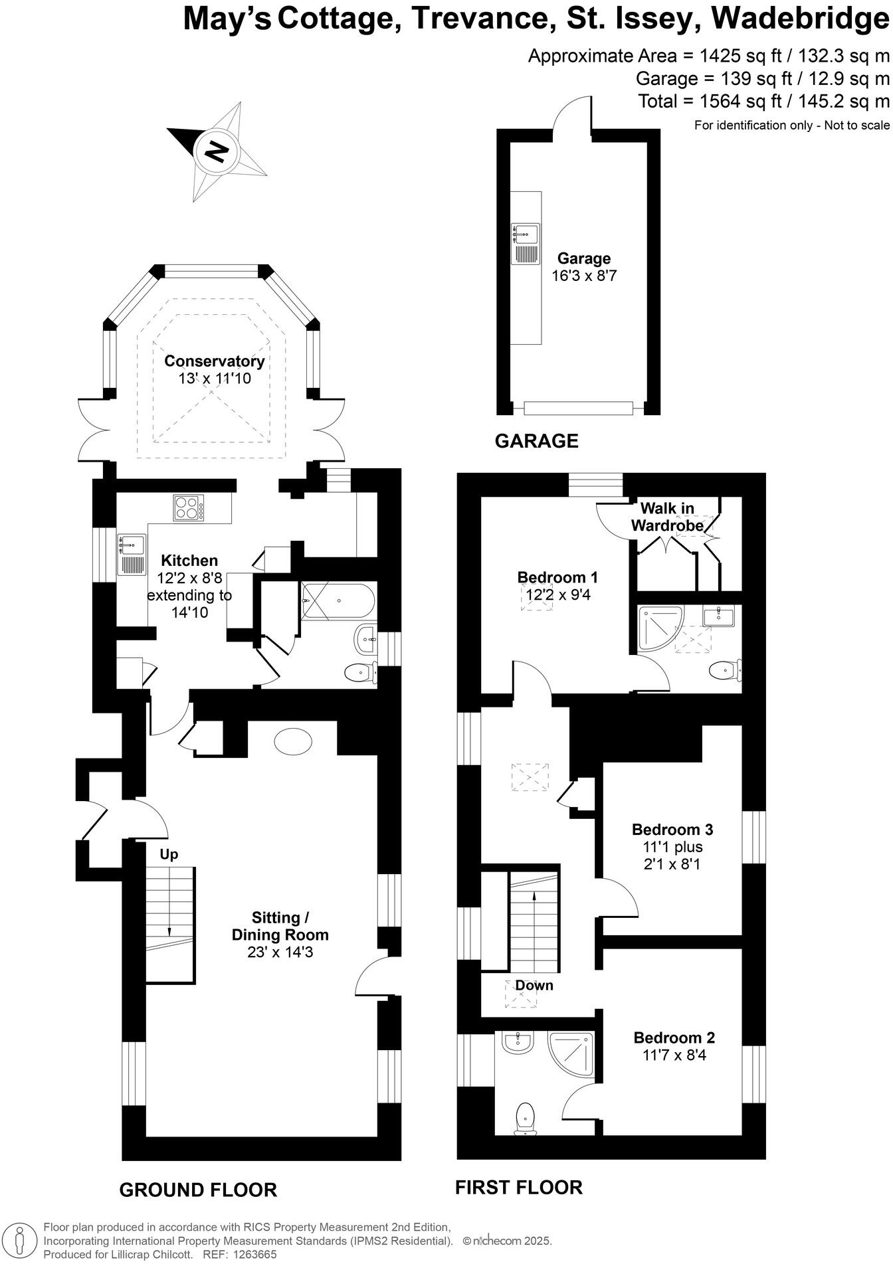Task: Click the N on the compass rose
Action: [215, 152]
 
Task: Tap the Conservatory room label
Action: [214, 361]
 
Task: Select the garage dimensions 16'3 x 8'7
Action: [584, 276]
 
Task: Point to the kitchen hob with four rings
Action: [189, 508]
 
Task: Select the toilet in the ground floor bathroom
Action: [359, 673]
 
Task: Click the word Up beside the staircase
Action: [169, 854]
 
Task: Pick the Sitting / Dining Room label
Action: [280, 926]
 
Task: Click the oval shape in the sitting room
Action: [292, 741]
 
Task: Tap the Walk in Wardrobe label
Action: [667, 517]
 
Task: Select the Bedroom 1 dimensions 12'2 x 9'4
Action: [558, 594]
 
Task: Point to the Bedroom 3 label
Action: [672, 829]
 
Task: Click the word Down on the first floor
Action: [534, 985]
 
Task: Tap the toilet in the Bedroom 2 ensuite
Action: [526, 1118]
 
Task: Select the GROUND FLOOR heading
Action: [198, 1190]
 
